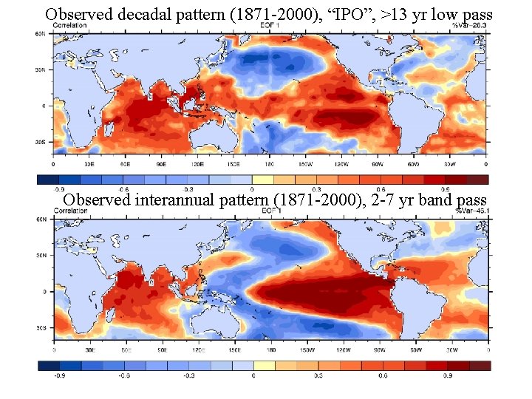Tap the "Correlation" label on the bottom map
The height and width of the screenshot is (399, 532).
(71, 211)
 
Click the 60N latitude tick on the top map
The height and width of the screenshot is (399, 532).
(44, 34)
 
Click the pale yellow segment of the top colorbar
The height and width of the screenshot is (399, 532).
(263, 178)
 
